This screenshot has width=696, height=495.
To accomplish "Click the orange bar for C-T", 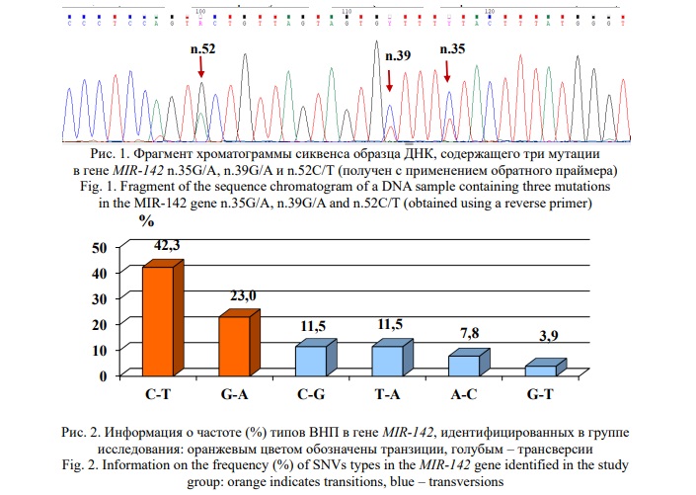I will tap(159, 320).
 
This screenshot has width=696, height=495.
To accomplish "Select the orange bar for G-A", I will tap(235, 345).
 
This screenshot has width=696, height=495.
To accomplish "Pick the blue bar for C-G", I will tap(311, 360).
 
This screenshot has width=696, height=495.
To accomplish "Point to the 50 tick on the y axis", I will tap(98, 248).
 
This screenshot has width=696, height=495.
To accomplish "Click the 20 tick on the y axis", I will tap(98, 324).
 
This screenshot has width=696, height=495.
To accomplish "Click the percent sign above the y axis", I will tap(146, 219).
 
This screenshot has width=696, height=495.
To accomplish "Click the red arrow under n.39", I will tap(390, 82).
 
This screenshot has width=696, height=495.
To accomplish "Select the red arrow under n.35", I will tap(447, 70).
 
